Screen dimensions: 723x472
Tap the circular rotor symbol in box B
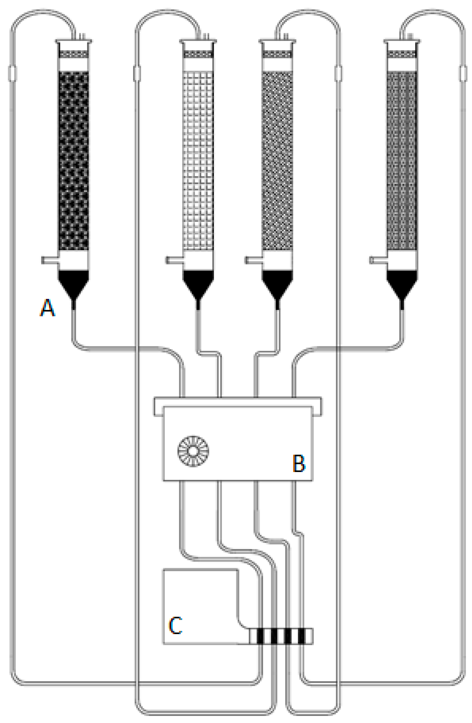pos(193,451)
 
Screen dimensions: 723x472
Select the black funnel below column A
pos(73,283)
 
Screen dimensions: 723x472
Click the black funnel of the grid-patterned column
pos(198,283)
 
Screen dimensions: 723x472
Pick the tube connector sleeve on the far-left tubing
pos(12,73)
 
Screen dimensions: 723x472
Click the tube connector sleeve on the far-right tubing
pos(463,73)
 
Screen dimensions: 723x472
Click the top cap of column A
pos(73,41)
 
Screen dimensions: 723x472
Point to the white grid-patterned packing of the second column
pos(198,161)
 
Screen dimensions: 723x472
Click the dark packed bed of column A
pos(73,161)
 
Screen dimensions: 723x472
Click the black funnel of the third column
pos(277,283)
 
